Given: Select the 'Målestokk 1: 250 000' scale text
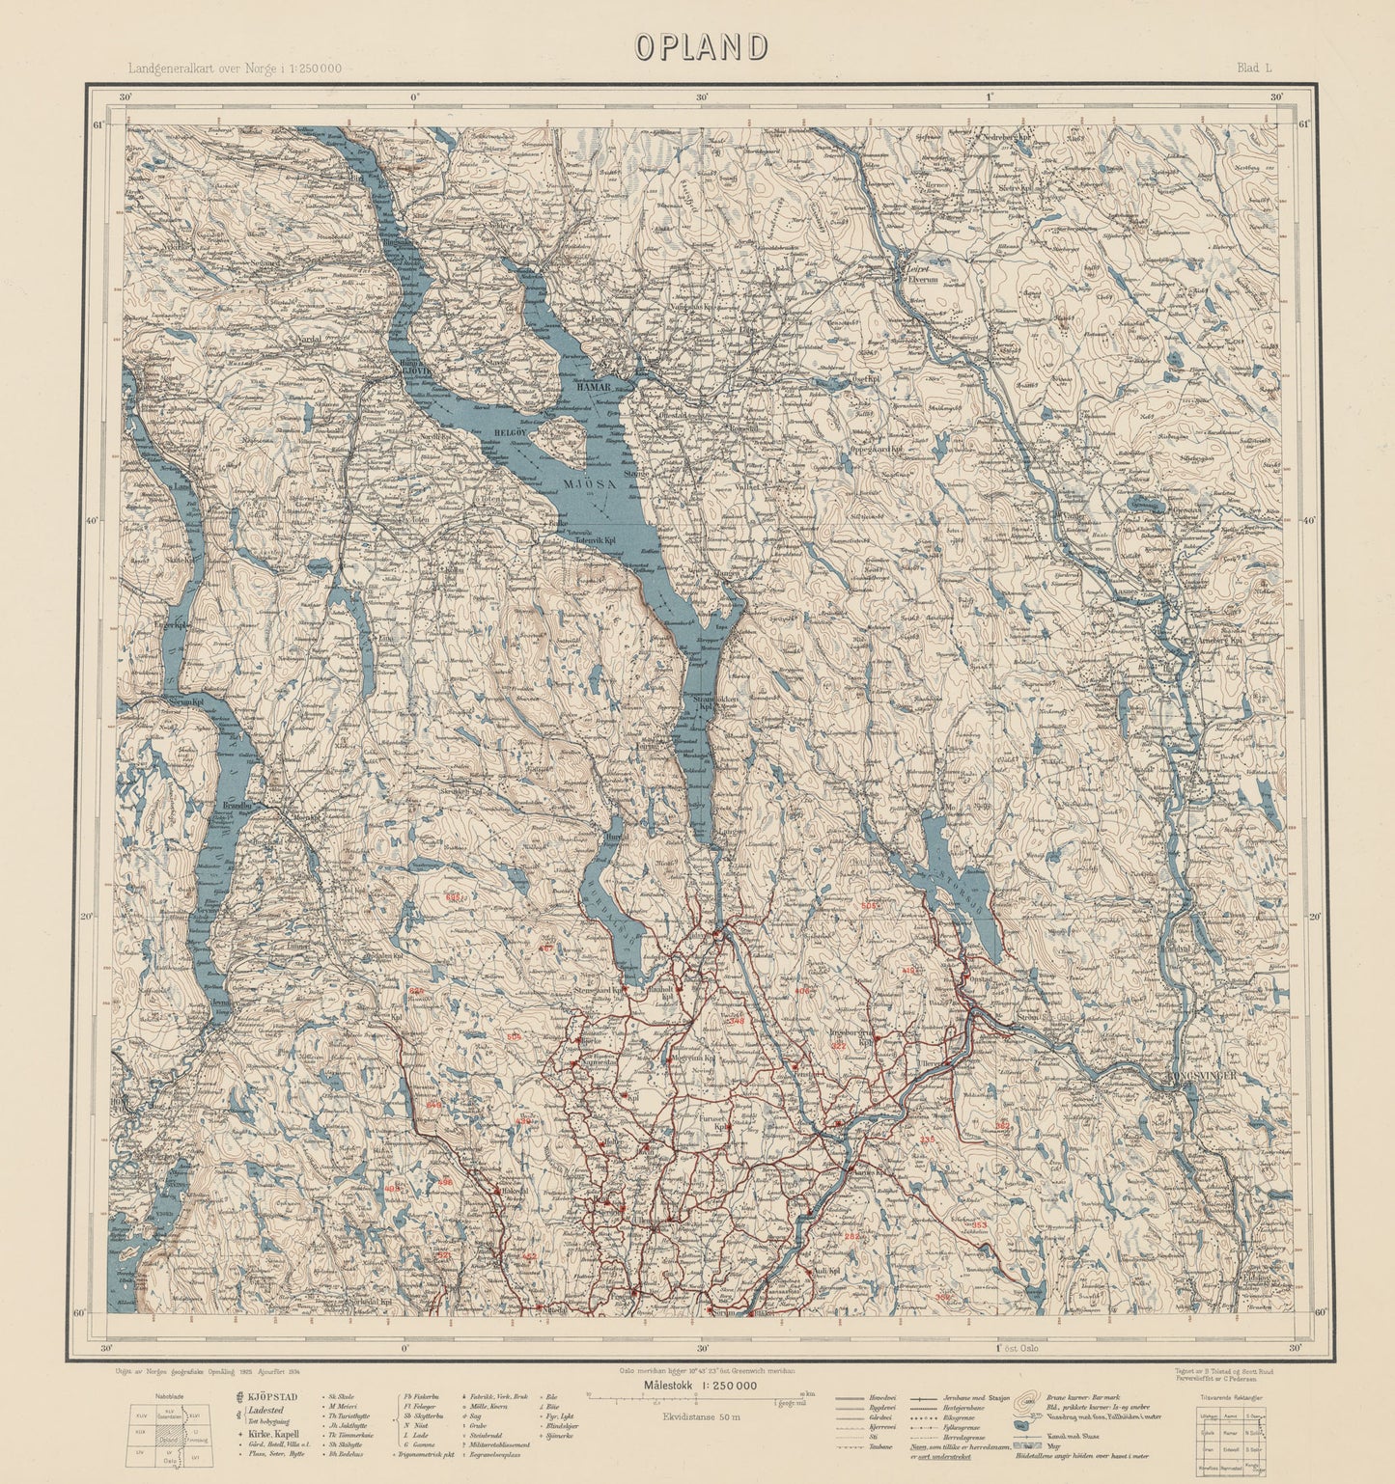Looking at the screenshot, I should coord(701,1386).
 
